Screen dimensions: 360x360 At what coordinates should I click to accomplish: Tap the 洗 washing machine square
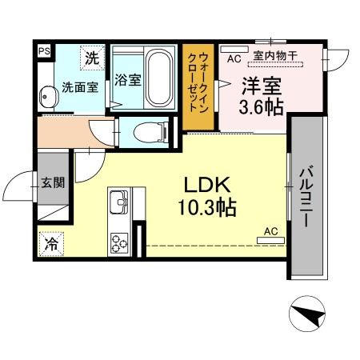(x=93, y=58)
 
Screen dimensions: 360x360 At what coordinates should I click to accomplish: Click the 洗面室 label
(x=80, y=86)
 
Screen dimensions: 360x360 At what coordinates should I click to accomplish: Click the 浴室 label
(x=127, y=80)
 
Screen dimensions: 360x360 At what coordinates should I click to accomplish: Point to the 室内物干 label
(x=274, y=56)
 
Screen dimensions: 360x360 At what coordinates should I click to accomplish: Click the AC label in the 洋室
(x=234, y=58)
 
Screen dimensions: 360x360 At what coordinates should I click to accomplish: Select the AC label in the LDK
(x=270, y=232)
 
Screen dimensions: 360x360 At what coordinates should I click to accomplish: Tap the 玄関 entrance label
(x=54, y=182)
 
